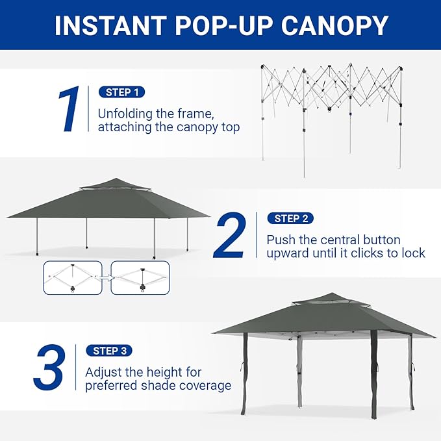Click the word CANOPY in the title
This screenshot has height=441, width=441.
[334, 25]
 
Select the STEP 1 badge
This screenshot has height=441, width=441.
[122, 92]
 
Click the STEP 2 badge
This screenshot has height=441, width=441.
[290, 218]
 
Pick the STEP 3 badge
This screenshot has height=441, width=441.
[109, 351]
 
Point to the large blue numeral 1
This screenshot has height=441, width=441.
[68, 109]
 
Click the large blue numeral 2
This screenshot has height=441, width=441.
[229, 235]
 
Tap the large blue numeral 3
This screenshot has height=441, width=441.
[49, 368]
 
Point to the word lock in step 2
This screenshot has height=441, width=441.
[413, 253]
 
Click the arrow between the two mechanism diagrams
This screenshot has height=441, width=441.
[107, 278]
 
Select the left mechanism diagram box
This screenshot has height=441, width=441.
[73, 278]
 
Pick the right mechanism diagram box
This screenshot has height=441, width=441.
[140, 278]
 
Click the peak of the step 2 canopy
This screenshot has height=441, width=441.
[116, 179]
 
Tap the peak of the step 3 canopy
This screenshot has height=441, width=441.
[331, 294]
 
